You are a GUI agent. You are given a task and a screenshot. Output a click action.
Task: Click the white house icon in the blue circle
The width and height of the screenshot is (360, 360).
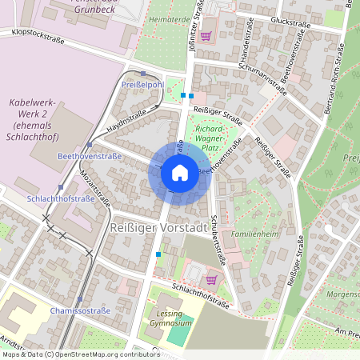coord(179,173)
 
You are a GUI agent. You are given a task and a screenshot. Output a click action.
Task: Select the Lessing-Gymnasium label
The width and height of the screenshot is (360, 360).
coord(170,318)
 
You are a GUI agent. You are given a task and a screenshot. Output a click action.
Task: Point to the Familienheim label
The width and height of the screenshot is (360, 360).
coord(254,235)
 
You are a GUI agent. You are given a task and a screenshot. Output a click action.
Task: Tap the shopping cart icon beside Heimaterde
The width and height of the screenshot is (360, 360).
coord(206,35)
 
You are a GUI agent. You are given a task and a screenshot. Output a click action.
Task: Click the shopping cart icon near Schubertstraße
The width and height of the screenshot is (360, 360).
coord(211,279)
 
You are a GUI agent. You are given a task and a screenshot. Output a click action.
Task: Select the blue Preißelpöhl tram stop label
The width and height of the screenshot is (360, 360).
coord(142,83)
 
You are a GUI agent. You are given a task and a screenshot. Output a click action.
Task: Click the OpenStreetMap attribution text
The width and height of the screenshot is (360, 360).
coord(80,354)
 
